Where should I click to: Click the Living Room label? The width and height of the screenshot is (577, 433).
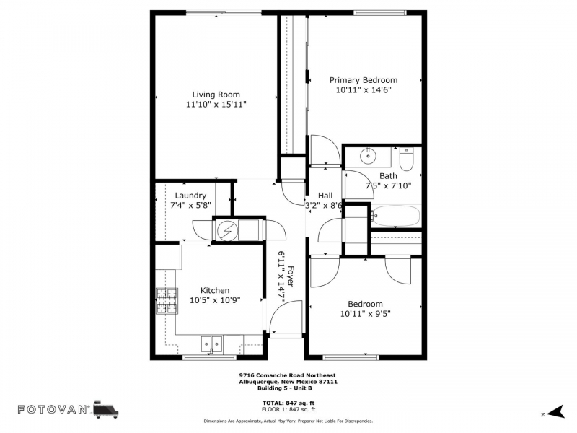point(216,95)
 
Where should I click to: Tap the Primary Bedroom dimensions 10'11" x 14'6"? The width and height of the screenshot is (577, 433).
point(364,89)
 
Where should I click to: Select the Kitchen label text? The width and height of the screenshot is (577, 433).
point(215,290)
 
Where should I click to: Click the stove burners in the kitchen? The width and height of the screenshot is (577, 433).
point(167,301)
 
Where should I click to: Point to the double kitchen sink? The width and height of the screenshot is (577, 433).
point(211,344)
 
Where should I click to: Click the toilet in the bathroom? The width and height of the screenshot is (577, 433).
point(406,159)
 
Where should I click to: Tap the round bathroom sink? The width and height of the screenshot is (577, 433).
point(368,156)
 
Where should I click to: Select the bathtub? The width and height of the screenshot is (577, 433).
point(395,216)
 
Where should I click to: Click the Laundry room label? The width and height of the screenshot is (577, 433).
point(190,196)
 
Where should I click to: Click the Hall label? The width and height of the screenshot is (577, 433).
point(325,196)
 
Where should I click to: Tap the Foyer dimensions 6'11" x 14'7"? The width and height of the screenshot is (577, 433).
point(282,277)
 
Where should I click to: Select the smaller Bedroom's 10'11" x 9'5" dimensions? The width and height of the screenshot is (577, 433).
point(365,314)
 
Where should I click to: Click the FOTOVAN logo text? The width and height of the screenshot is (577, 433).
point(53,409)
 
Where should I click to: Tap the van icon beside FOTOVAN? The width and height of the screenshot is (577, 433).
point(106,409)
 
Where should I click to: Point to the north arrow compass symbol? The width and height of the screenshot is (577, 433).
point(555,411)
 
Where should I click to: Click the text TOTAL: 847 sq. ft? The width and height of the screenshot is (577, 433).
point(288,403)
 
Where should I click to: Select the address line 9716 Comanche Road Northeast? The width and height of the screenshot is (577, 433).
point(287,375)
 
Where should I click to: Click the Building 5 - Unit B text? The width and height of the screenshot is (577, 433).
point(285,388)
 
